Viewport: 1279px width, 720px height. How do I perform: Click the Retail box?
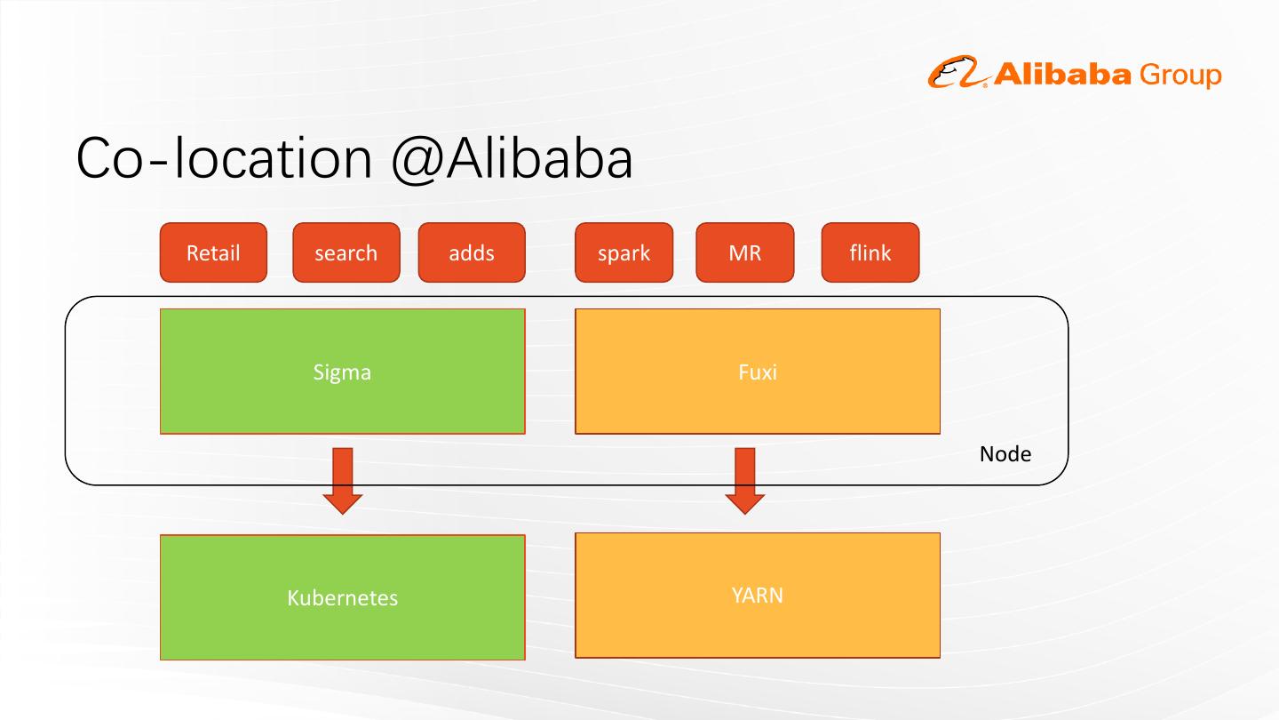213,252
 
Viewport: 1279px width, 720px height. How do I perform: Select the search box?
346,252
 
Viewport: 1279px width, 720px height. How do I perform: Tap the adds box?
471,252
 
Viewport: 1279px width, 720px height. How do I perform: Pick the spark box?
624,252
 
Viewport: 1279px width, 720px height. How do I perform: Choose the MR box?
744,252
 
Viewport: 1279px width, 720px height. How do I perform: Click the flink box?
870,252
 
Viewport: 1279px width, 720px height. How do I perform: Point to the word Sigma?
342,372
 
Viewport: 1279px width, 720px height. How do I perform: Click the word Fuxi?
757,372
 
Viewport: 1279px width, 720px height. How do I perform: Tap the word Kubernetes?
342,598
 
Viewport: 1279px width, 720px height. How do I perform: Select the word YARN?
757,595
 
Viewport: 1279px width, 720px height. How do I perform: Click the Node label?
1005,454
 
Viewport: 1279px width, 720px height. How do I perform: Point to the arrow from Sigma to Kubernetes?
343,480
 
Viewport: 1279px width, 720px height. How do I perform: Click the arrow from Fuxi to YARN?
745,480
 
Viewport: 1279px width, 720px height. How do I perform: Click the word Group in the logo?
1180,76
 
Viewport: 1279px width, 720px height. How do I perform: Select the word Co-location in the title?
224,159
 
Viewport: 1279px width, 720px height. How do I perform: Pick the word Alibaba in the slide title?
538,158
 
